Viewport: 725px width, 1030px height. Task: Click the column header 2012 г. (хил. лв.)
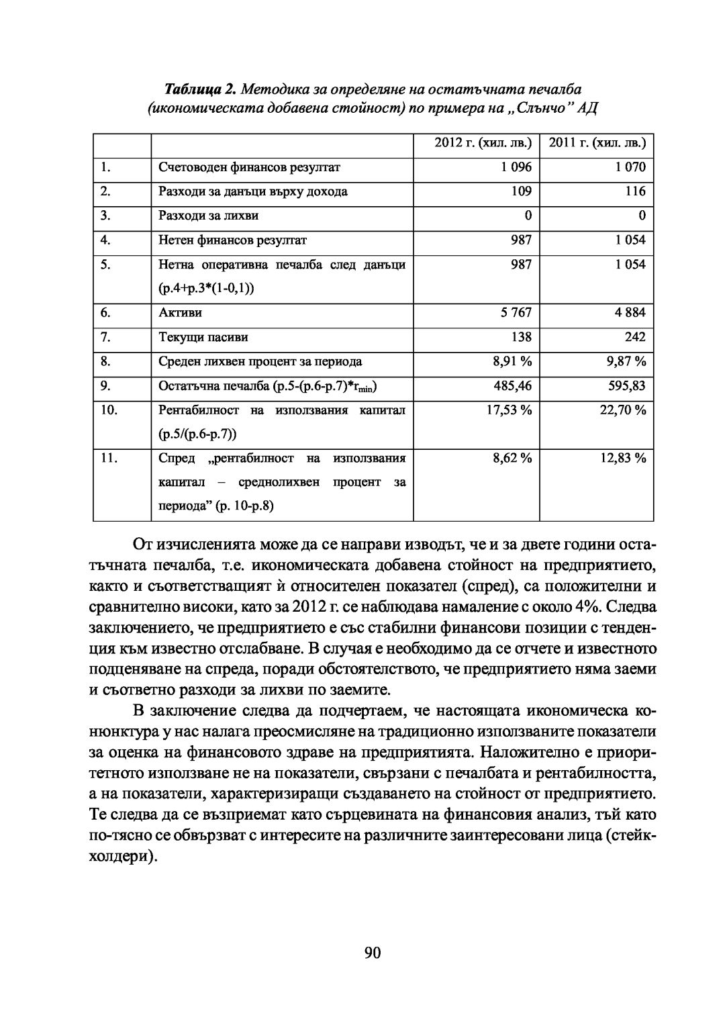(483, 143)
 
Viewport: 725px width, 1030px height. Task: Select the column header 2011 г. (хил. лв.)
(597, 143)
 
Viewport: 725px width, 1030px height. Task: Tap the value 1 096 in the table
(516, 167)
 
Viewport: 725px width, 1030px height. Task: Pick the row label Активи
(180, 312)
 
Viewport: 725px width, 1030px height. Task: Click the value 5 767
(516, 312)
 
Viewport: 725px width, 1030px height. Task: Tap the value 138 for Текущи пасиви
(520, 336)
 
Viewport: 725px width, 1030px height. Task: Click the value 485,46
(514, 385)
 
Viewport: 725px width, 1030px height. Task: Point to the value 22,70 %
(623, 410)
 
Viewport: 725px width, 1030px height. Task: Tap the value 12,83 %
(623, 458)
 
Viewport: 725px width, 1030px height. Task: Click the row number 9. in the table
(105, 385)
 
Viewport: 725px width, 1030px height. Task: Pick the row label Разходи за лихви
(208, 216)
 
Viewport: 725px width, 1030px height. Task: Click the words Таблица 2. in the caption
(200, 89)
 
